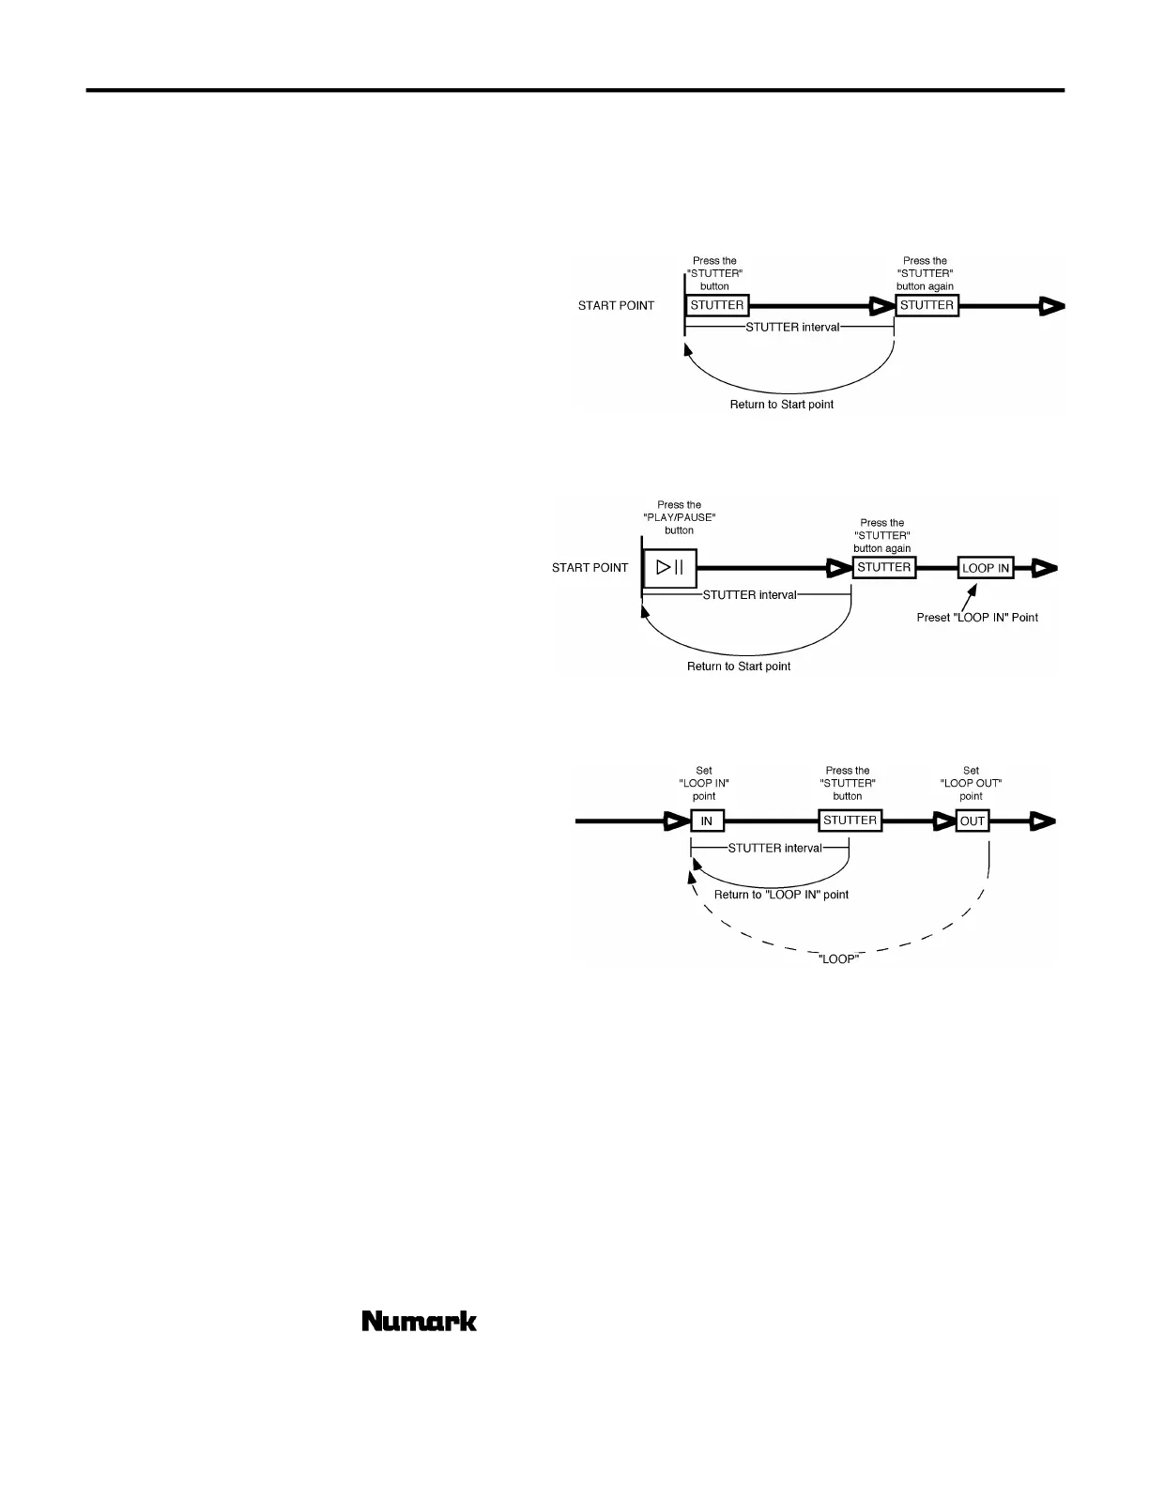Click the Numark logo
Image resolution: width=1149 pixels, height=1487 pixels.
[419, 1321]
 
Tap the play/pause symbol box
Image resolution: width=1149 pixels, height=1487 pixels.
[669, 568]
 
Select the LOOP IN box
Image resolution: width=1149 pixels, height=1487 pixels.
[986, 568]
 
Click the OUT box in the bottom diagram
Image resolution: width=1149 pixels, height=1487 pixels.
[973, 821]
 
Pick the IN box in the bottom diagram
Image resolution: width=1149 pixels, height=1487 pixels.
[707, 821]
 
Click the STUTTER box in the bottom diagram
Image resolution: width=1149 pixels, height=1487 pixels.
[850, 820]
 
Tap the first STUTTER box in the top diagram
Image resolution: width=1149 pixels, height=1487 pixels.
[717, 305]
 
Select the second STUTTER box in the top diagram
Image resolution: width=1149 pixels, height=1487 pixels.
[927, 305]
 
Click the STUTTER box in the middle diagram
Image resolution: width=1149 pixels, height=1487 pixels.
[883, 567]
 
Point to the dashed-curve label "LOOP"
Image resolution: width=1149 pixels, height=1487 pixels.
[839, 958]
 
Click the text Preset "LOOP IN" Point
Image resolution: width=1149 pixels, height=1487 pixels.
[977, 618]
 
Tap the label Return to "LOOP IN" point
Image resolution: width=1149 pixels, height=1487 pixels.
[781, 895]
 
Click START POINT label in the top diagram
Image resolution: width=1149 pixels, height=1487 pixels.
[616, 306]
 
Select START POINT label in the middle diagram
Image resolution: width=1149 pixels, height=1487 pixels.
[590, 568]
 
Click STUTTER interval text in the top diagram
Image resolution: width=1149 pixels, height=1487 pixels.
[792, 328]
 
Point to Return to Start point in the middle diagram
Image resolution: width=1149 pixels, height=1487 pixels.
[739, 667]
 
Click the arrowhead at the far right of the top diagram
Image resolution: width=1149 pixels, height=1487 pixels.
[1051, 306]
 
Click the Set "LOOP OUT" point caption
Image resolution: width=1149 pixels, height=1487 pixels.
[971, 783]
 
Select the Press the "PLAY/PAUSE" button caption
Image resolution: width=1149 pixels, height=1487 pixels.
[679, 517]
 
